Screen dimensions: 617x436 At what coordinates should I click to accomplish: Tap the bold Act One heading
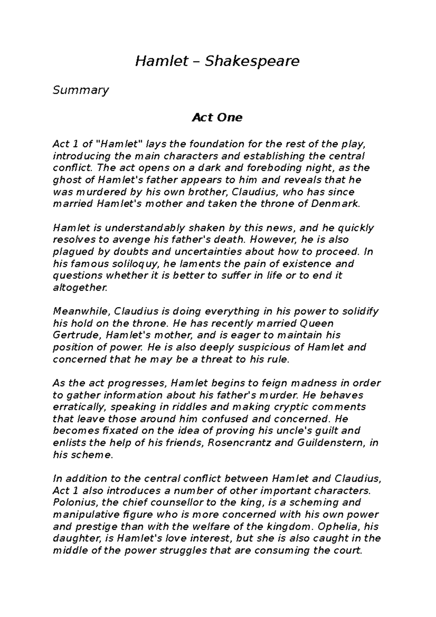pyautogui.click(x=217, y=118)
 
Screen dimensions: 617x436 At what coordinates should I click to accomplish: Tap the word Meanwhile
pyautogui.click(x=81, y=311)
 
